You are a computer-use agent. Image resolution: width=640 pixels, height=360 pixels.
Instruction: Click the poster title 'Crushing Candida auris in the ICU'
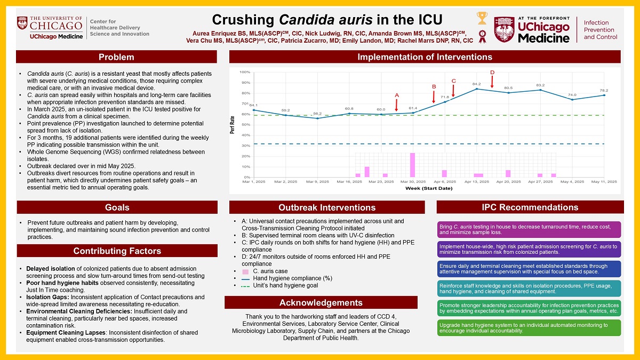(327, 20)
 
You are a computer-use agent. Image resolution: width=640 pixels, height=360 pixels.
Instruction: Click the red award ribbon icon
(483, 36)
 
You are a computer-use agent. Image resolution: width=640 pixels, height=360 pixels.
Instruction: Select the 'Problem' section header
(116, 57)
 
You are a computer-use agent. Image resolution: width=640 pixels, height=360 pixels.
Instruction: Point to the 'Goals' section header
(117, 207)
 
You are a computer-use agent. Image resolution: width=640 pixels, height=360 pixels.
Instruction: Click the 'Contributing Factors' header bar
(117, 251)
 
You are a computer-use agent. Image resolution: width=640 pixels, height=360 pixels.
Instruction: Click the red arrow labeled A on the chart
(397, 103)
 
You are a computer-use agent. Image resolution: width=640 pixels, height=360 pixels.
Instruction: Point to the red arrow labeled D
(492, 80)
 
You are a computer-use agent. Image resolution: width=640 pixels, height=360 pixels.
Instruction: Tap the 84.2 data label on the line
(476, 84)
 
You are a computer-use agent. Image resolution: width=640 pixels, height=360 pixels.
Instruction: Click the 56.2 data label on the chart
(317, 114)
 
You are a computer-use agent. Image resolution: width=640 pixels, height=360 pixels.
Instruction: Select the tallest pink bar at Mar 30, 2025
(412, 165)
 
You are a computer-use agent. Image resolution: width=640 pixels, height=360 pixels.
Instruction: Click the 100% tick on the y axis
(245, 72)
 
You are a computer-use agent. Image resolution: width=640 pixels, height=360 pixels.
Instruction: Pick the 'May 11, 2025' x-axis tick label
(604, 182)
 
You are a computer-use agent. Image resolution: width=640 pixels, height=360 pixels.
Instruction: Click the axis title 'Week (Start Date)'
(429, 188)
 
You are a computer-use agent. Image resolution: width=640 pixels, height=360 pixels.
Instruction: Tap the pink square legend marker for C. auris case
(245, 271)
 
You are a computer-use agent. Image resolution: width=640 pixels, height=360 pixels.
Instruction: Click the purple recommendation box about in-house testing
(530, 229)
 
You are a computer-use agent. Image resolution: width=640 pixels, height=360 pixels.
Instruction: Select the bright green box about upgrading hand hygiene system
(530, 327)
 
